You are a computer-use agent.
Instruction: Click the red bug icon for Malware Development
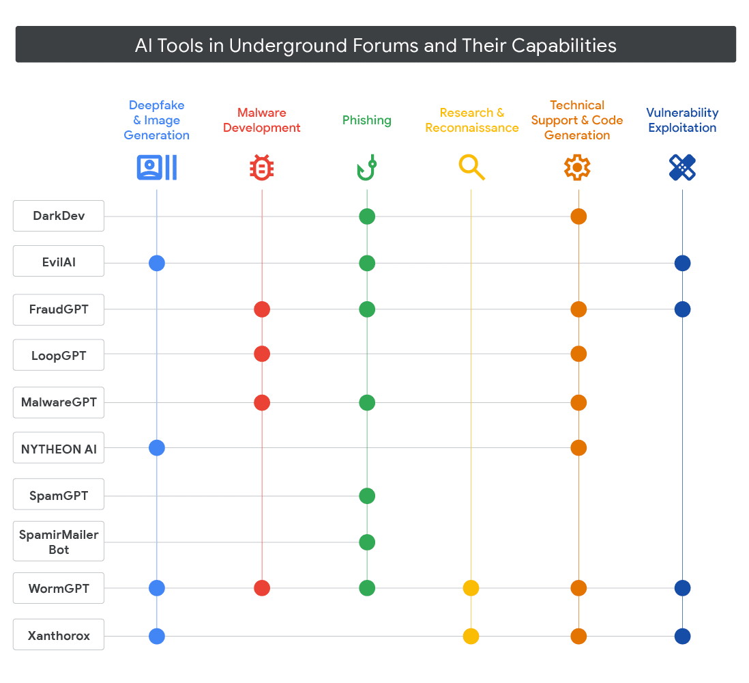click(x=262, y=167)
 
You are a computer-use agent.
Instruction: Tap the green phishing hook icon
click(x=367, y=167)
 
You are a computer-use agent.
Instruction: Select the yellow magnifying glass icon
click(x=471, y=167)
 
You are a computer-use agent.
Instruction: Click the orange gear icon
click(x=577, y=167)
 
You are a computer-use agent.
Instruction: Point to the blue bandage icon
click(x=682, y=167)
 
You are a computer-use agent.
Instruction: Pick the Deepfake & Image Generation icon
click(x=157, y=167)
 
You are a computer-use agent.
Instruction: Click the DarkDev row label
click(x=59, y=216)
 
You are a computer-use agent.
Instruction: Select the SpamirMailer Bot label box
click(x=59, y=542)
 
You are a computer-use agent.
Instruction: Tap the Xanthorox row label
click(x=59, y=636)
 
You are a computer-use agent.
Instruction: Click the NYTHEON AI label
click(x=59, y=449)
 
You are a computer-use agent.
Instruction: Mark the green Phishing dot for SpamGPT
click(x=367, y=496)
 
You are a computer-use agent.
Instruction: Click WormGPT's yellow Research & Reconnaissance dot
click(x=471, y=588)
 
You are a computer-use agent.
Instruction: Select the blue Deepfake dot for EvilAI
click(x=157, y=263)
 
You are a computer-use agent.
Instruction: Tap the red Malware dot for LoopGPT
click(x=262, y=354)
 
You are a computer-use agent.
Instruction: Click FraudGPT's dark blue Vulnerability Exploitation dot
click(x=682, y=309)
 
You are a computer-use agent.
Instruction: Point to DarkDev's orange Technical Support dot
click(x=578, y=217)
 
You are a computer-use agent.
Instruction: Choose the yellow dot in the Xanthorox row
click(x=471, y=637)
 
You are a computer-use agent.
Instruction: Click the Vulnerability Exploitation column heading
click(x=682, y=120)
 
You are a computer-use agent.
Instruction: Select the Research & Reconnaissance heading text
click(x=472, y=120)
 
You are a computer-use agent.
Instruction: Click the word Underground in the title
click(x=290, y=45)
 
